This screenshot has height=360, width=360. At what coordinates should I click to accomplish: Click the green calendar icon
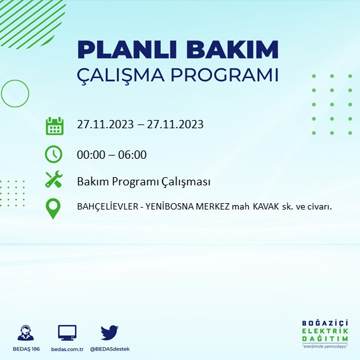[55, 125]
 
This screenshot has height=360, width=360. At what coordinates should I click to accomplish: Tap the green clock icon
[54, 154]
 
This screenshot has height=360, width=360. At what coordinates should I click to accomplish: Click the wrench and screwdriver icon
[54, 180]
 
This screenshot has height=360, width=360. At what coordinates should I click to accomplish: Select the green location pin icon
[54, 208]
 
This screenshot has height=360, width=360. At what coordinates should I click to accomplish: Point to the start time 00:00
[91, 154]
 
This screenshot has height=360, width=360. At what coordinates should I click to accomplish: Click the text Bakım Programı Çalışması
[143, 182]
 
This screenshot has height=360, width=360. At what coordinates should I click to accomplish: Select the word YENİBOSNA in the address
[171, 207]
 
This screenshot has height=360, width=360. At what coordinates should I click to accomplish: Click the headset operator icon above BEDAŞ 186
[27, 333]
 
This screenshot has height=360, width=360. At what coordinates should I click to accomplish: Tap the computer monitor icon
[67, 333]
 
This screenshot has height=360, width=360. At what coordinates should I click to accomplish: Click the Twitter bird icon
[109, 333]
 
